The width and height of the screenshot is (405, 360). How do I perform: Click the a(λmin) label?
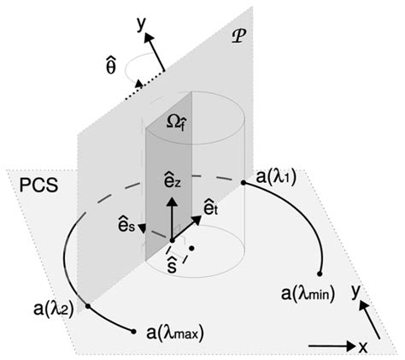pyautogui.click(x=308, y=294)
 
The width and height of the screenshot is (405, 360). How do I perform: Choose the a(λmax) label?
pyautogui.click(x=179, y=332)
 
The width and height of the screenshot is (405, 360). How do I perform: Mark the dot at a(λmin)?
pyautogui.click(x=320, y=274)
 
